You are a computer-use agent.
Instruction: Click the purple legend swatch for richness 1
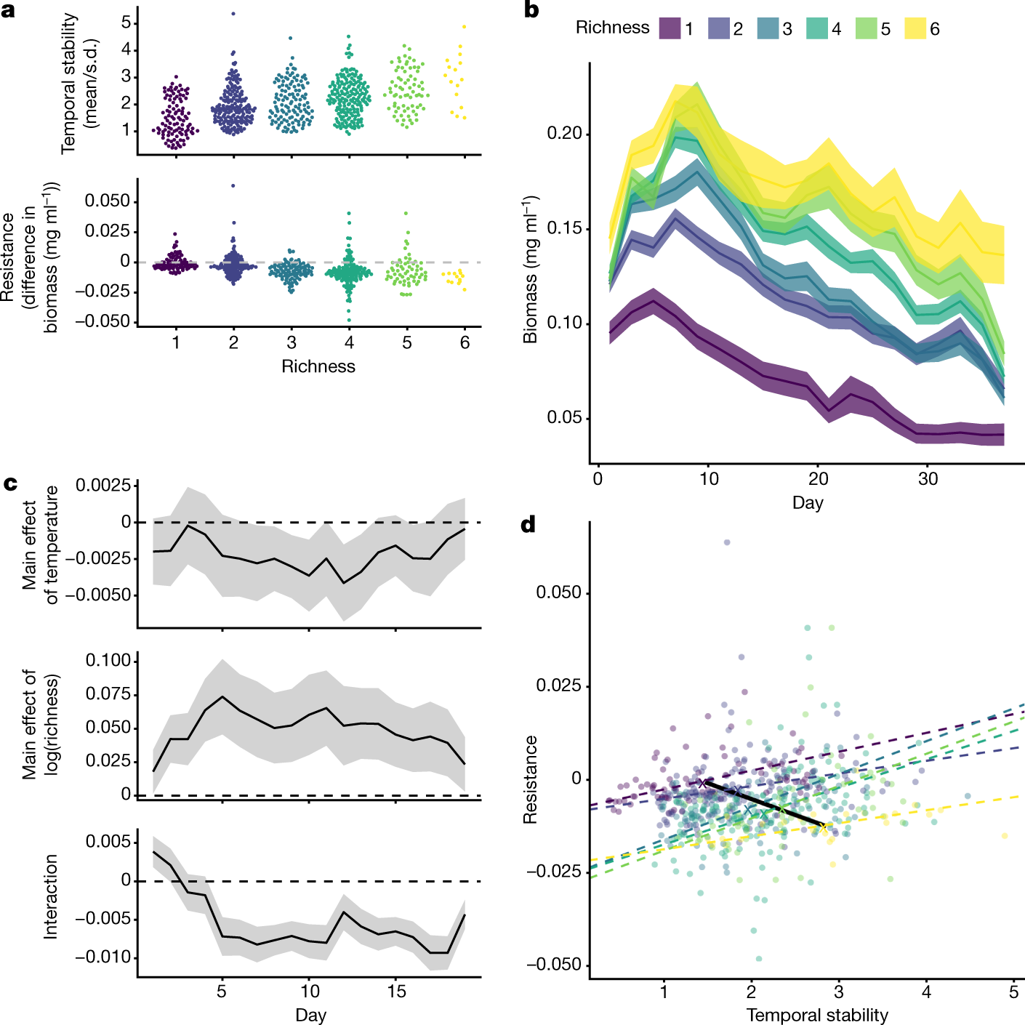click(x=670, y=28)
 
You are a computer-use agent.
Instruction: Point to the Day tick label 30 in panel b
click(x=928, y=479)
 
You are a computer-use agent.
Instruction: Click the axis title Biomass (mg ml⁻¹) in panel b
click(x=530, y=269)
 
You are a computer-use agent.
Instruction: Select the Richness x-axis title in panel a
click(x=318, y=366)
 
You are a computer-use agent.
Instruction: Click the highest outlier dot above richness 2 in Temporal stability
click(x=233, y=14)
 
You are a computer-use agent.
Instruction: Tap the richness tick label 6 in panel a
click(x=465, y=342)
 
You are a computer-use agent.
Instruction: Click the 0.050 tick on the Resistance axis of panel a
click(x=108, y=201)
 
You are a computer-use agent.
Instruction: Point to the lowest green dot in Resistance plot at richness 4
click(x=349, y=320)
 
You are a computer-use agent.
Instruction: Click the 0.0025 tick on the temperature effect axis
click(x=104, y=485)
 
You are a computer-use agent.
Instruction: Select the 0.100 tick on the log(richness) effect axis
click(x=108, y=661)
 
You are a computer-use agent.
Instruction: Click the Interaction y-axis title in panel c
click(x=50, y=896)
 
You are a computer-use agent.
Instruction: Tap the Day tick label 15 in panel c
click(x=396, y=991)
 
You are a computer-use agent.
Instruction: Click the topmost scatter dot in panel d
click(x=726, y=542)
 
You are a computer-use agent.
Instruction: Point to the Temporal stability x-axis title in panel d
click(x=817, y=1015)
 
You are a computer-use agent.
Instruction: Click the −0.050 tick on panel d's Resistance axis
click(x=553, y=965)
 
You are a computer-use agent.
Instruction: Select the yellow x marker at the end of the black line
click(x=823, y=827)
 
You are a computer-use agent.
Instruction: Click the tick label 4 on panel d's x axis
click(x=926, y=992)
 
